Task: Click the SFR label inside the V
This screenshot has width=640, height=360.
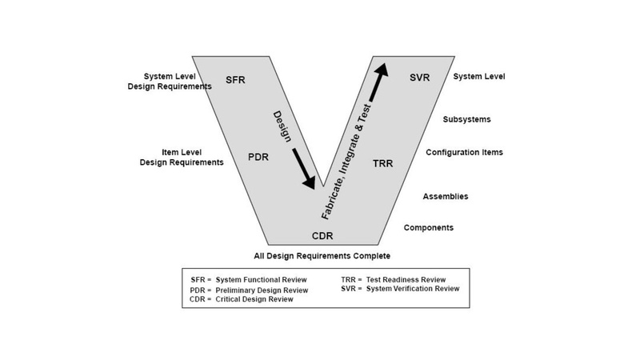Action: [x=235, y=81]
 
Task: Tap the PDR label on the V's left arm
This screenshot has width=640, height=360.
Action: [x=259, y=156]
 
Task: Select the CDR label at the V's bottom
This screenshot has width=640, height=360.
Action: [x=323, y=236]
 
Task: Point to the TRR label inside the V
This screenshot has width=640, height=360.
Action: [x=384, y=164]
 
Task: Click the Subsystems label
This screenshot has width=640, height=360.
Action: [x=466, y=120]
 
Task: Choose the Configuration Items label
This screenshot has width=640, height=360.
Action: [x=464, y=152]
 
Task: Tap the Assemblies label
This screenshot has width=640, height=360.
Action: [x=446, y=196]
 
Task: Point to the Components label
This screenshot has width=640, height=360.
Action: [x=429, y=227]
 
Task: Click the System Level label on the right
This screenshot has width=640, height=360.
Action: [x=479, y=77]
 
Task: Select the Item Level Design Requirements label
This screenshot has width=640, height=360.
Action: [x=181, y=157]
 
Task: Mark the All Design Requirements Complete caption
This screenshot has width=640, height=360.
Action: [x=322, y=256]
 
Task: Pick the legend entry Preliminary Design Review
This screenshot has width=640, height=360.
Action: [x=258, y=289]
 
